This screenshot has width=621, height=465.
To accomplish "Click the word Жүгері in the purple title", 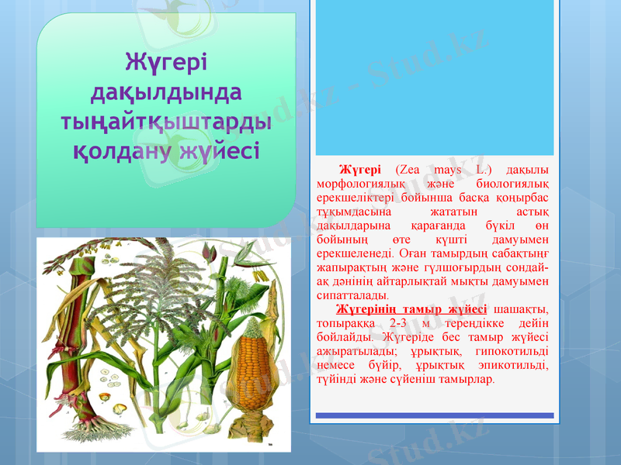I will pyautogui.click(x=167, y=61).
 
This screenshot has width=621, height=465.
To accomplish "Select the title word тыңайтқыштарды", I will pyautogui.click(x=166, y=121).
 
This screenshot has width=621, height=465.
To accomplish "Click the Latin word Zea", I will pyautogui.click(x=408, y=170).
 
